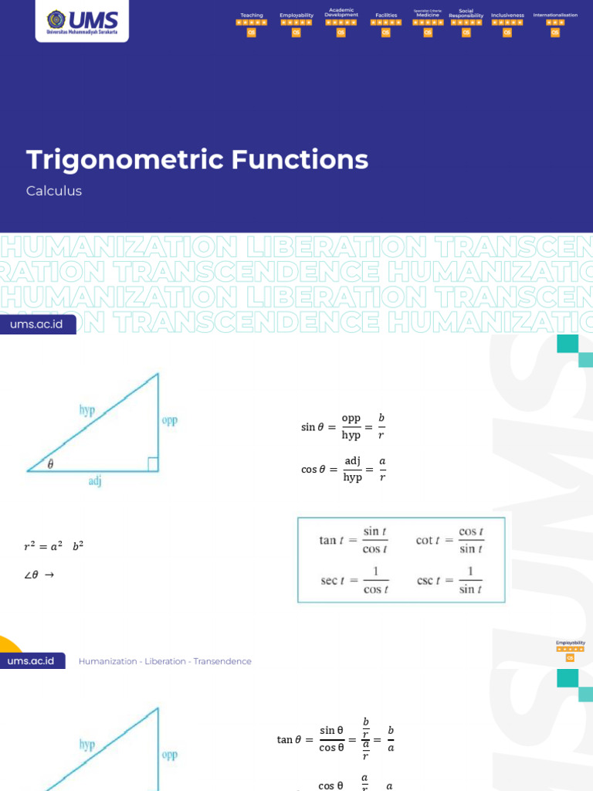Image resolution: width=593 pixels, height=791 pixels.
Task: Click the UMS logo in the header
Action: coord(82,22)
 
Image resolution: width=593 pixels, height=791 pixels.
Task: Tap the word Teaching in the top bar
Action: coord(252,15)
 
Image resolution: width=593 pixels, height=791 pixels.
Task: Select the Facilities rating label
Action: coord(386,15)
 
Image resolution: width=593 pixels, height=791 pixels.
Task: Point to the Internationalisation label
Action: coord(555,15)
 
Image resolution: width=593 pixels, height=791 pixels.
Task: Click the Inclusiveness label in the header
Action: coord(507,15)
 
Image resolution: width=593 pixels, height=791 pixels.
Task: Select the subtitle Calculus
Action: coord(54,191)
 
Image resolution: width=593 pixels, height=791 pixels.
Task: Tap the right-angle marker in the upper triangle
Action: coord(153,464)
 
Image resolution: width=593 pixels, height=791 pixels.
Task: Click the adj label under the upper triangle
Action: coord(95,481)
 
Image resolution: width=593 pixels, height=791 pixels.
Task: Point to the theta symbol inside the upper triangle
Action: coord(51,464)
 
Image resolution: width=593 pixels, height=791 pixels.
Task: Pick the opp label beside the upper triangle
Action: coord(170,421)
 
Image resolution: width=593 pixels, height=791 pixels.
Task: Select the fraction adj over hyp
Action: coord(353,469)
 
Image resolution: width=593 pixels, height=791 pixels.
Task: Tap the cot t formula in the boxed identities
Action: coord(450,540)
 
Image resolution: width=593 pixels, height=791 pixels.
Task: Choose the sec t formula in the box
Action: coord(354,581)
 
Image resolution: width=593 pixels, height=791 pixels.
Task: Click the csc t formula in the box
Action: coord(450,581)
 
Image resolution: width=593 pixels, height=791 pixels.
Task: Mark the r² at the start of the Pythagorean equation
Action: coord(31,547)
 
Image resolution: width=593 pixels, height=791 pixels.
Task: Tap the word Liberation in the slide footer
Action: coord(165,661)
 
